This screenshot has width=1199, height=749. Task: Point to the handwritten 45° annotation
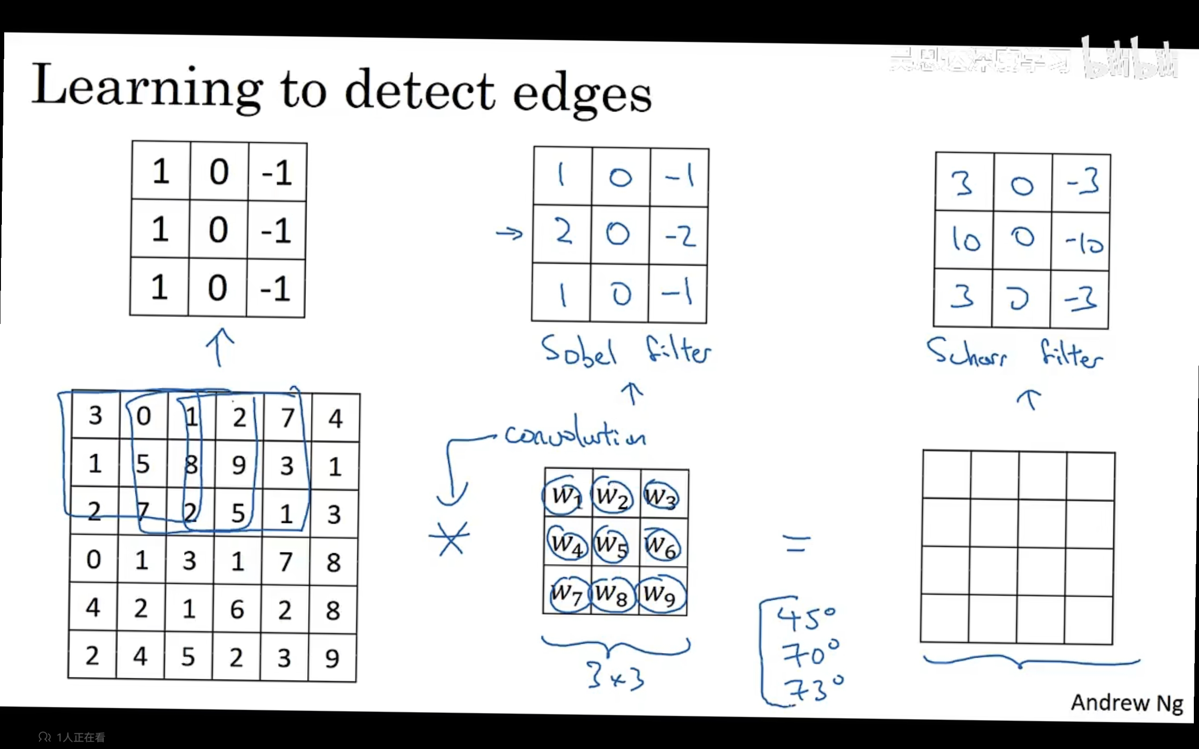(806, 619)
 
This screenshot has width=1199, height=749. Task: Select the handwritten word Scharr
(966, 352)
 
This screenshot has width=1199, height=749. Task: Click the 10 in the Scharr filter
(965, 240)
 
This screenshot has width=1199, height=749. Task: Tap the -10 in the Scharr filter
(1084, 243)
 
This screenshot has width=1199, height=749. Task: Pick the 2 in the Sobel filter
(563, 232)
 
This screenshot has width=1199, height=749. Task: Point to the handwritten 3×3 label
(616, 677)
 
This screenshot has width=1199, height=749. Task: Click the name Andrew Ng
(1126, 703)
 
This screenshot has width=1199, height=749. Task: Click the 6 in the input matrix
(237, 609)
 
